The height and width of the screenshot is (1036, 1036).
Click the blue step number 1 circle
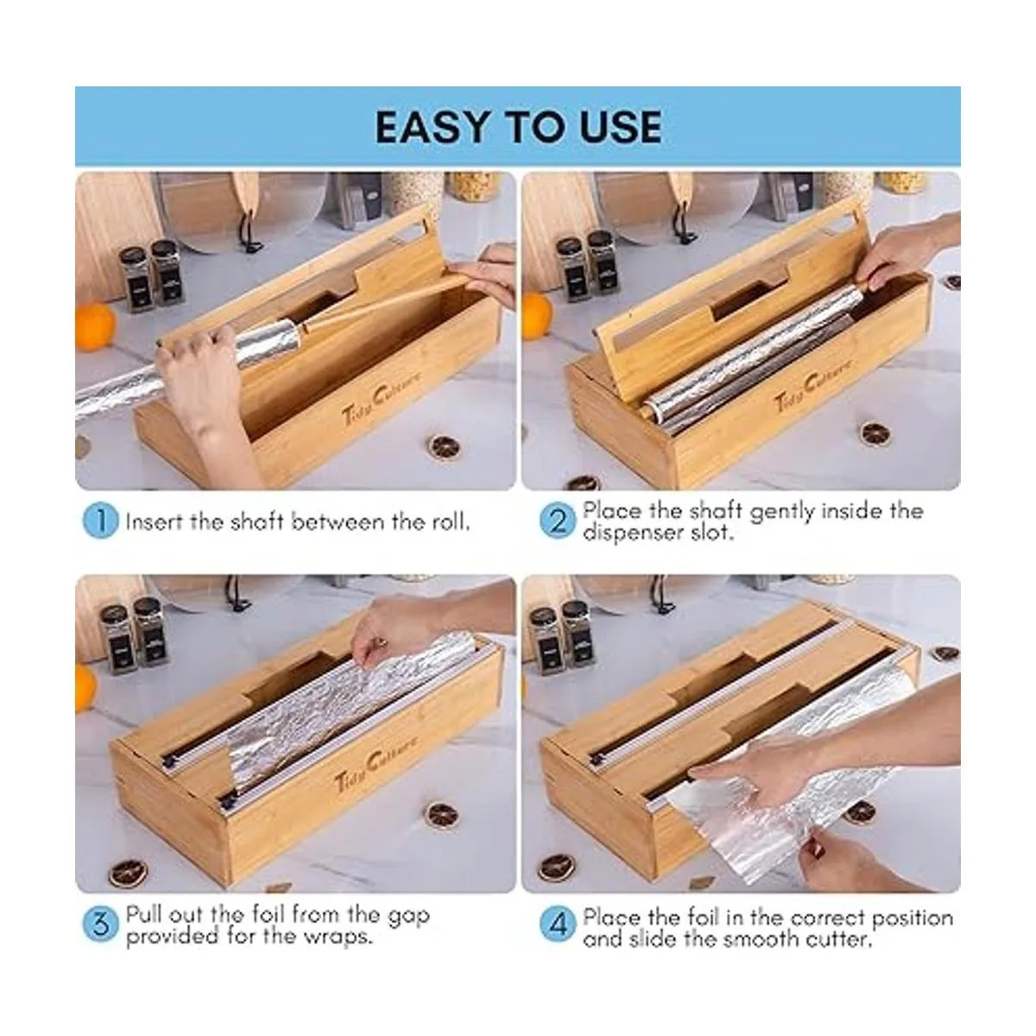(100, 521)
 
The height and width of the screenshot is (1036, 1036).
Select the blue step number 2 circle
(558, 521)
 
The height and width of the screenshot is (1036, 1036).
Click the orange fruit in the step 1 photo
(95, 325)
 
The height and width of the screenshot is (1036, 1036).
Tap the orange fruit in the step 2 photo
(536, 316)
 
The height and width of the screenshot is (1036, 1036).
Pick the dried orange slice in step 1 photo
(444, 445)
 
